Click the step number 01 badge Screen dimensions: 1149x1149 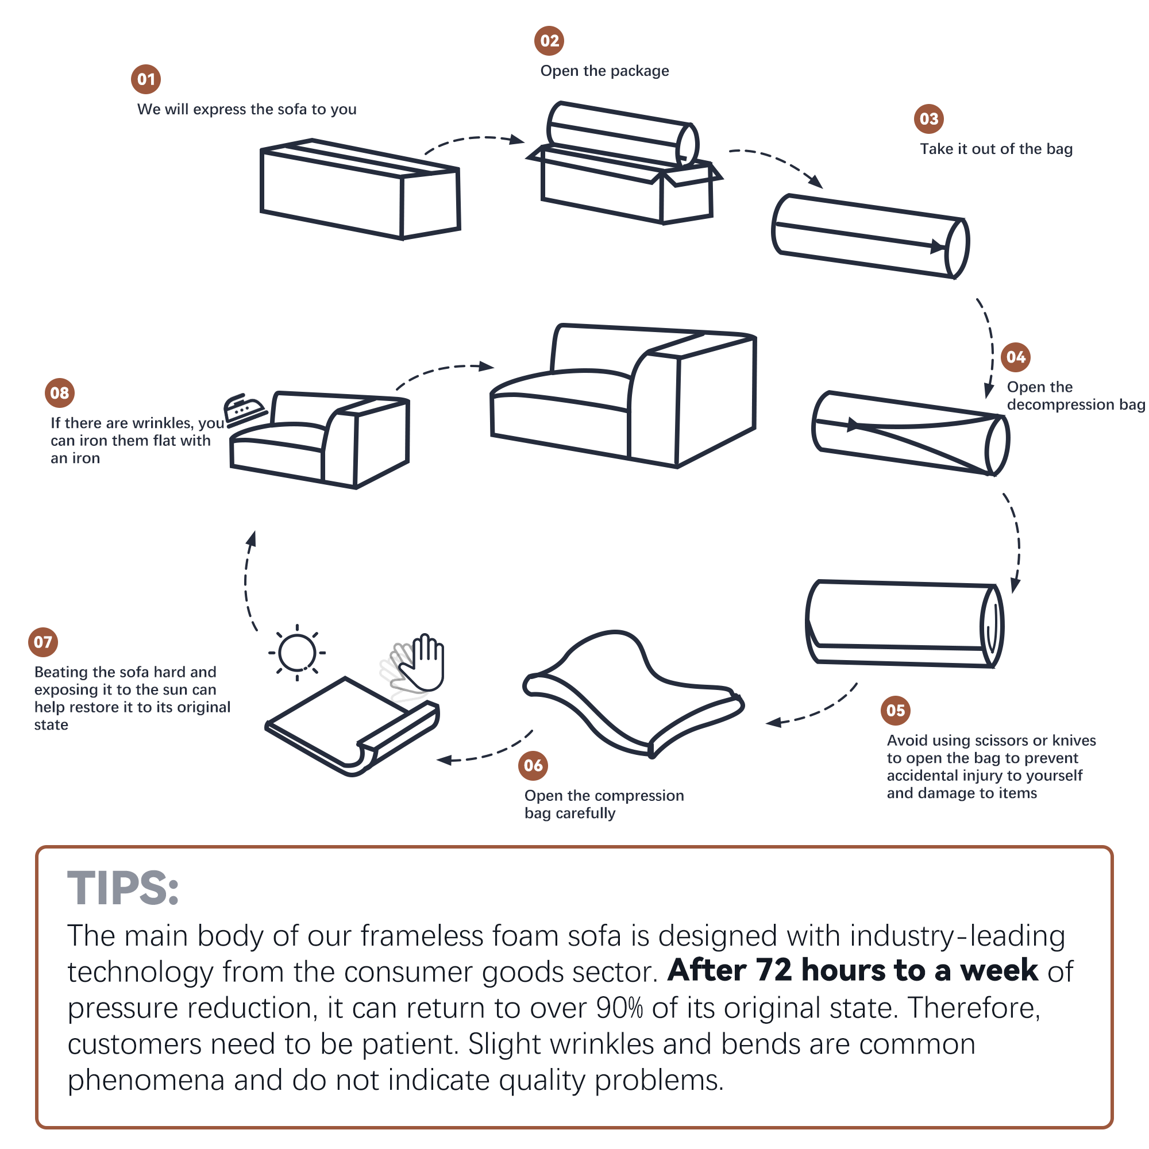[x=146, y=79]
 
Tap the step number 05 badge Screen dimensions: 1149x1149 [x=895, y=710]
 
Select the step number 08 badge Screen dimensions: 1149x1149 [x=60, y=392]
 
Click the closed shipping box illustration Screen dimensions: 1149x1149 [x=360, y=189]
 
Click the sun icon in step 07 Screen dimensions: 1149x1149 [x=297, y=653]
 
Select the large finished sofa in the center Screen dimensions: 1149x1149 [x=623, y=395]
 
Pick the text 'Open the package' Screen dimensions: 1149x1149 [x=604, y=71]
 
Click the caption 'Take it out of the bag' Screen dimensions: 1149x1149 [x=996, y=149]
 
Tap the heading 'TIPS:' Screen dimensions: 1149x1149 [x=122, y=888]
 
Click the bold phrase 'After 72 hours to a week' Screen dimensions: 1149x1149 [x=853, y=970]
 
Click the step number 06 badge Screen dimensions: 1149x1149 [x=533, y=765]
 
